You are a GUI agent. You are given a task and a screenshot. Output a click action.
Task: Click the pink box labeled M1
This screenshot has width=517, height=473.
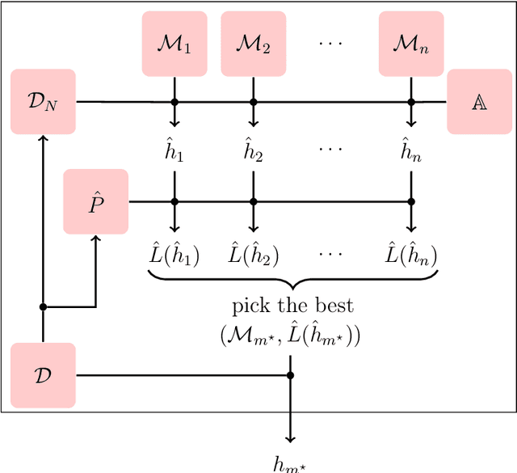(174, 44)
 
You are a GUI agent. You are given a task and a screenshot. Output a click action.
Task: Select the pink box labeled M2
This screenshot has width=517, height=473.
(253, 44)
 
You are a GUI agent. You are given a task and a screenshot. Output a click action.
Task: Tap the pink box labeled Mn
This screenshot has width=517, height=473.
(410, 44)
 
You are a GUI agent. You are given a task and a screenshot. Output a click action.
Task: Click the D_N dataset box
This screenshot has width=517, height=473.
(43, 102)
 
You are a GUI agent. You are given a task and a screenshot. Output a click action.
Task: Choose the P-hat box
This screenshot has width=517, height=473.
(96, 201)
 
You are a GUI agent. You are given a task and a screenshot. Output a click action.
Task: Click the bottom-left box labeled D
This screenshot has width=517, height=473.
(43, 375)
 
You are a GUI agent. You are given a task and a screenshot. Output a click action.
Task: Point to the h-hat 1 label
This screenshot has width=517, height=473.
(174, 150)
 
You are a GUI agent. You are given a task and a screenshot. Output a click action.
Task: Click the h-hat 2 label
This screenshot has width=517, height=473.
(253, 150)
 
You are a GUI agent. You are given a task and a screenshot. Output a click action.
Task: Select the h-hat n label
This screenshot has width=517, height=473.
(410, 150)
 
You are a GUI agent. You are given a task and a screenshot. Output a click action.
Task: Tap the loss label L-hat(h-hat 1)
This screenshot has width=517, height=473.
(174, 255)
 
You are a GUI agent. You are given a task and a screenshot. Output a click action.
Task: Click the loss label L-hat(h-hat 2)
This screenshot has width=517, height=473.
(253, 255)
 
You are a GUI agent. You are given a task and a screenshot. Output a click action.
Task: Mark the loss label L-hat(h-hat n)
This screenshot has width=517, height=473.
(410, 255)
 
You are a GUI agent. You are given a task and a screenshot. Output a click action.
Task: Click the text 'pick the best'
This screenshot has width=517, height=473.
(292, 306)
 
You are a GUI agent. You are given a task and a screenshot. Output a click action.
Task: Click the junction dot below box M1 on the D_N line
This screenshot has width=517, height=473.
(174, 102)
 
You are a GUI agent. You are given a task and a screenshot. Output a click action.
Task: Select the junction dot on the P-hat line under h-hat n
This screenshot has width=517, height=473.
(410, 201)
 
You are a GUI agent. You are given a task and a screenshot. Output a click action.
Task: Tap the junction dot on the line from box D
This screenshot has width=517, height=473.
(290, 375)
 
